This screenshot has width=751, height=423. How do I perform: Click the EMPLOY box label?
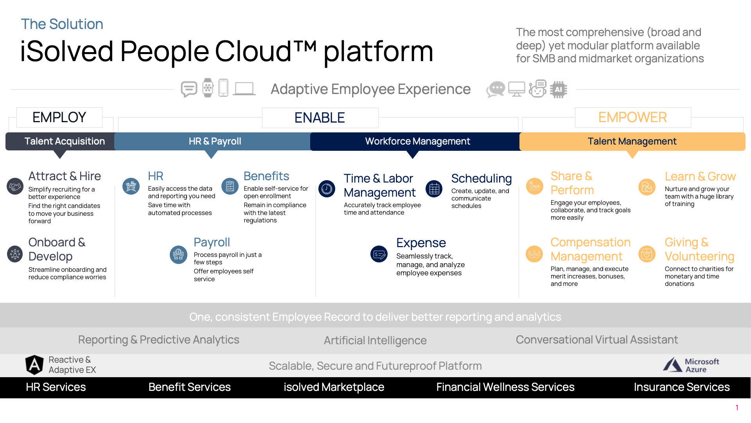59,117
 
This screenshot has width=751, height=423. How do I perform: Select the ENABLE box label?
320,118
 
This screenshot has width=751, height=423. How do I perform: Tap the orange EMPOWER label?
632,117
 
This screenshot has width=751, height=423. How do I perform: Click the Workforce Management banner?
417,141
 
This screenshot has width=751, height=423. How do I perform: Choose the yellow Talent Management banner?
632,141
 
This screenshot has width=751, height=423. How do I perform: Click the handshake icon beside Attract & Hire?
15,186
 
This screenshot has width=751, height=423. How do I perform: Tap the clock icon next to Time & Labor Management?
327,189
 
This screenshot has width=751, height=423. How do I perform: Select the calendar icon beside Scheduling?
434,189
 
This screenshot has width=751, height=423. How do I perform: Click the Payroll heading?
212,242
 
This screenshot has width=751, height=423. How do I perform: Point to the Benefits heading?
266,176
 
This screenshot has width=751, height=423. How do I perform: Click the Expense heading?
421,243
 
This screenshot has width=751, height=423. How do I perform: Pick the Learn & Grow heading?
700,177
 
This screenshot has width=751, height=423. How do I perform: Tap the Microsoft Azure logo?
691,365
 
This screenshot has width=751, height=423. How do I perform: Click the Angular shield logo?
34,365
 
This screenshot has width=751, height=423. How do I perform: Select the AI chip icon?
558,89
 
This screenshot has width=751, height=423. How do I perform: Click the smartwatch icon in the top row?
208,88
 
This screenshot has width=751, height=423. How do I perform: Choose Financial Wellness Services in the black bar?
505,387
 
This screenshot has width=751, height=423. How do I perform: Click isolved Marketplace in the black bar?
334,387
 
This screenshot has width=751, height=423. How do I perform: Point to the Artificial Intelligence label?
375,340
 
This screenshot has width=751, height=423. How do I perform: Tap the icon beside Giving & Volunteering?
647,254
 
